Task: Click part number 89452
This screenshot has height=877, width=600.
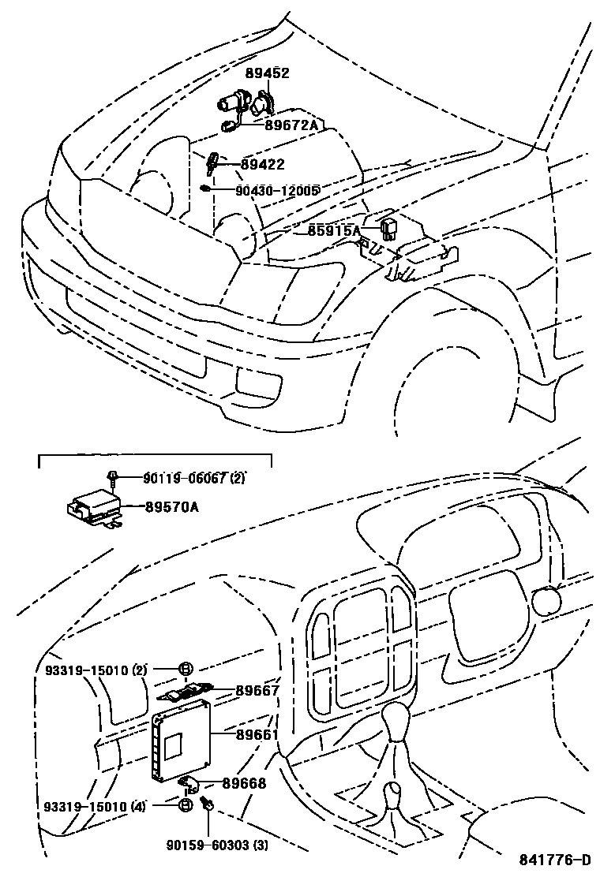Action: coord(268,73)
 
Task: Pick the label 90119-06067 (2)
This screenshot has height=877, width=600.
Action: coord(194,478)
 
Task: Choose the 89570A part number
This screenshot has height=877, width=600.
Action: coord(171,508)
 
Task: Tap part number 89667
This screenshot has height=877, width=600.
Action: coord(257,690)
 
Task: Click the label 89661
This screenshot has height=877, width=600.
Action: coord(257,734)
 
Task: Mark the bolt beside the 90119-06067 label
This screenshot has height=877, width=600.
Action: coord(114,478)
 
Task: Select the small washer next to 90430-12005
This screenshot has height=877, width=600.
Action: coord(204,188)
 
